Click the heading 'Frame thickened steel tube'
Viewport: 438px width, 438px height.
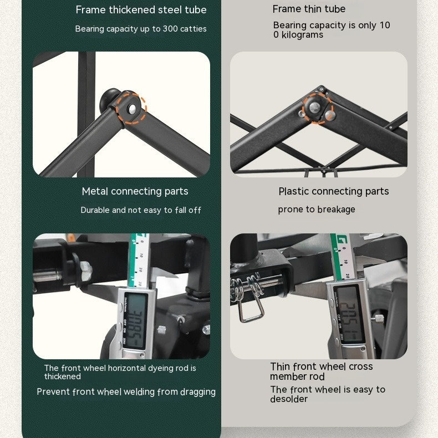point(141,10)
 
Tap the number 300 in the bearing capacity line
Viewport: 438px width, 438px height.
point(170,29)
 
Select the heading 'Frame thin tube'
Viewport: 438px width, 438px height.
point(309,9)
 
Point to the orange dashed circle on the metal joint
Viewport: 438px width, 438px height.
point(131,108)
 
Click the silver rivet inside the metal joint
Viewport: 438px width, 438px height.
point(132,109)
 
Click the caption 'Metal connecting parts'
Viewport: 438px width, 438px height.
point(135,191)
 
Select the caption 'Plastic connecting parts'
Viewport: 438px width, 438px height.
point(334,191)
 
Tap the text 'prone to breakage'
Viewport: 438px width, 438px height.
point(317,209)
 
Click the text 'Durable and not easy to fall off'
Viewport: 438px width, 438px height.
point(141,210)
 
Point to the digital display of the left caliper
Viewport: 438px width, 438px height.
point(135,321)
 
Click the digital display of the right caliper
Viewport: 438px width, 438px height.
point(349,315)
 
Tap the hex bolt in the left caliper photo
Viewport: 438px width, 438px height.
point(85,271)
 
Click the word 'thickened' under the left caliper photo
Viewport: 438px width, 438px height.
point(63,376)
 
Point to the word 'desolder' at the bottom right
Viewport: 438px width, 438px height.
point(289,399)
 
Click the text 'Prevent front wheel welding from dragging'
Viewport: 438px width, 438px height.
point(126,392)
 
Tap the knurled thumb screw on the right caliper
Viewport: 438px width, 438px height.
point(379,319)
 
